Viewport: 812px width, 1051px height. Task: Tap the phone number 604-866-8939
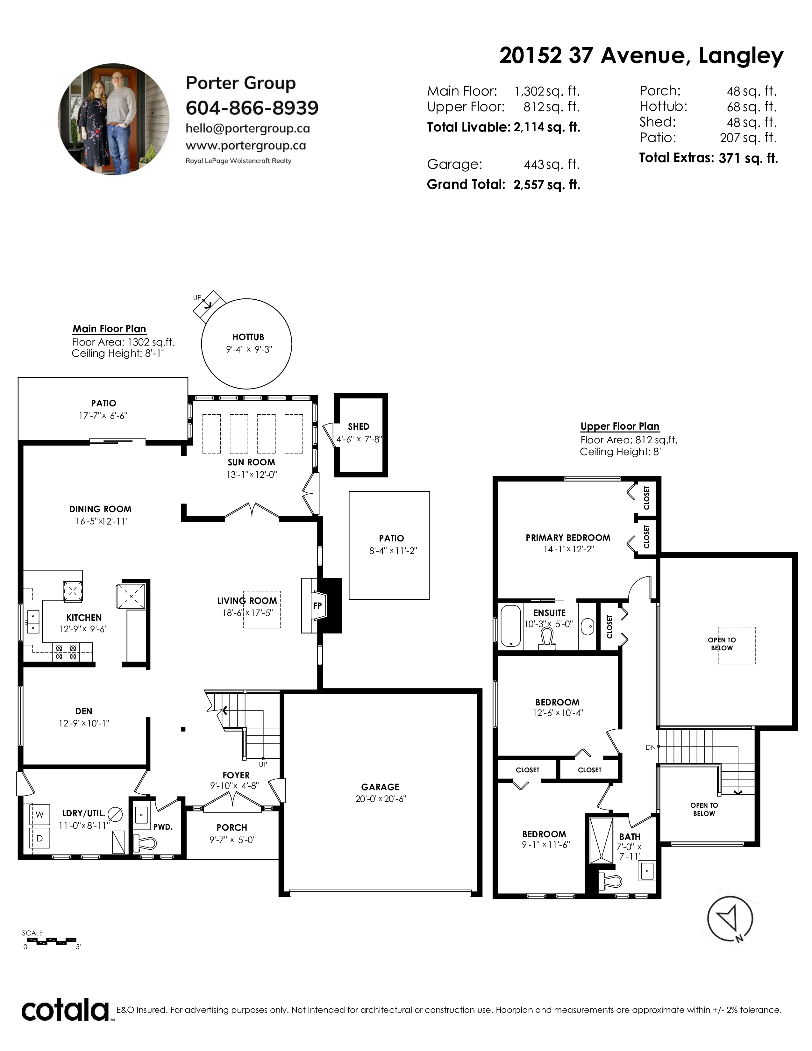(x=252, y=108)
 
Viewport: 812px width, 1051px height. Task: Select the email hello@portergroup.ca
(x=248, y=128)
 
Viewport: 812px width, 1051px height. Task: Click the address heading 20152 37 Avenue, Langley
(x=641, y=56)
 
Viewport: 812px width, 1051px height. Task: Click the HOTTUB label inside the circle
(x=248, y=337)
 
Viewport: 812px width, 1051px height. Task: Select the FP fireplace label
(x=317, y=606)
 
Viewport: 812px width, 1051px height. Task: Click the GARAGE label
(x=380, y=787)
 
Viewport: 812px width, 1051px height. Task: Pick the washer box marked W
(x=40, y=814)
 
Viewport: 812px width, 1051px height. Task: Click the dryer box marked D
(x=40, y=838)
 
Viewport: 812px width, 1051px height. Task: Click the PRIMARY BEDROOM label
(x=568, y=538)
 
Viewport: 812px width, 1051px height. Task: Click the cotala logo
(x=65, y=1010)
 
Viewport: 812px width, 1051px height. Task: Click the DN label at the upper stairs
(x=650, y=747)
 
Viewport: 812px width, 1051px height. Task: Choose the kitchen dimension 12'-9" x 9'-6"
(x=83, y=629)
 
